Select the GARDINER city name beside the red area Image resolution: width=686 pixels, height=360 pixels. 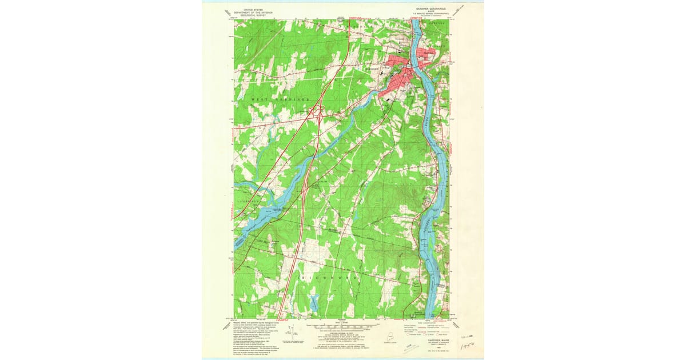pyautogui.click(x=373, y=70)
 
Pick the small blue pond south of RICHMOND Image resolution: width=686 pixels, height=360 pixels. pyautogui.click(x=314, y=302)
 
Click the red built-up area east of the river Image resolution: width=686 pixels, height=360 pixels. pyautogui.click(x=425, y=56)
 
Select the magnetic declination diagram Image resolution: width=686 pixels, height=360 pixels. pyautogui.click(x=292, y=332)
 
